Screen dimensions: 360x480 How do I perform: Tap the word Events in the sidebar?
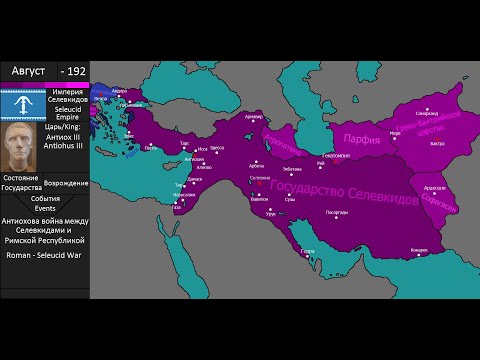pyautogui.click(x=45, y=208)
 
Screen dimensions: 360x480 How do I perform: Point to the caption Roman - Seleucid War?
pyautogui.click(x=45, y=255)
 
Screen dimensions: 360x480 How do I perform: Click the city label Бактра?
pyautogui.click(x=436, y=143)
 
